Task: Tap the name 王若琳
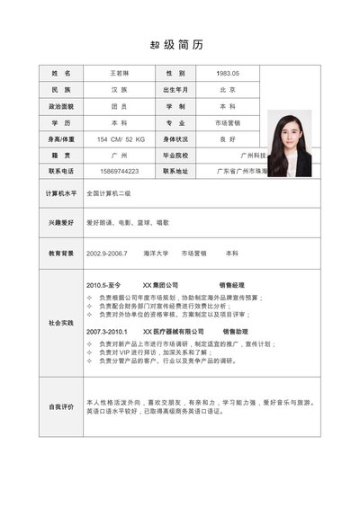pyautogui.click(x=119, y=73)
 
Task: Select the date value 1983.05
pyautogui.click(x=227, y=73)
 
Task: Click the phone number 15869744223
pyautogui.click(x=120, y=171)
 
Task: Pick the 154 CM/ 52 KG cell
pyautogui.click(x=121, y=138)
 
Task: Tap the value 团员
pyautogui.click(x=119, y=106)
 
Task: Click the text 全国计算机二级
pyautogui.click(x=109, y=193)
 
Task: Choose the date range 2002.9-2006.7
pyautogui.click(x=107, y=254)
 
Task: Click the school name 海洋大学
pyautogui.click(x=156, y=254)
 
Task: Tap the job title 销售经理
pyautogui.click(x=232, y=285)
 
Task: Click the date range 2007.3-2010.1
pyautogui.click(x=107, y=332)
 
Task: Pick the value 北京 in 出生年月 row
pyautogui.click(x=227, y=90)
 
